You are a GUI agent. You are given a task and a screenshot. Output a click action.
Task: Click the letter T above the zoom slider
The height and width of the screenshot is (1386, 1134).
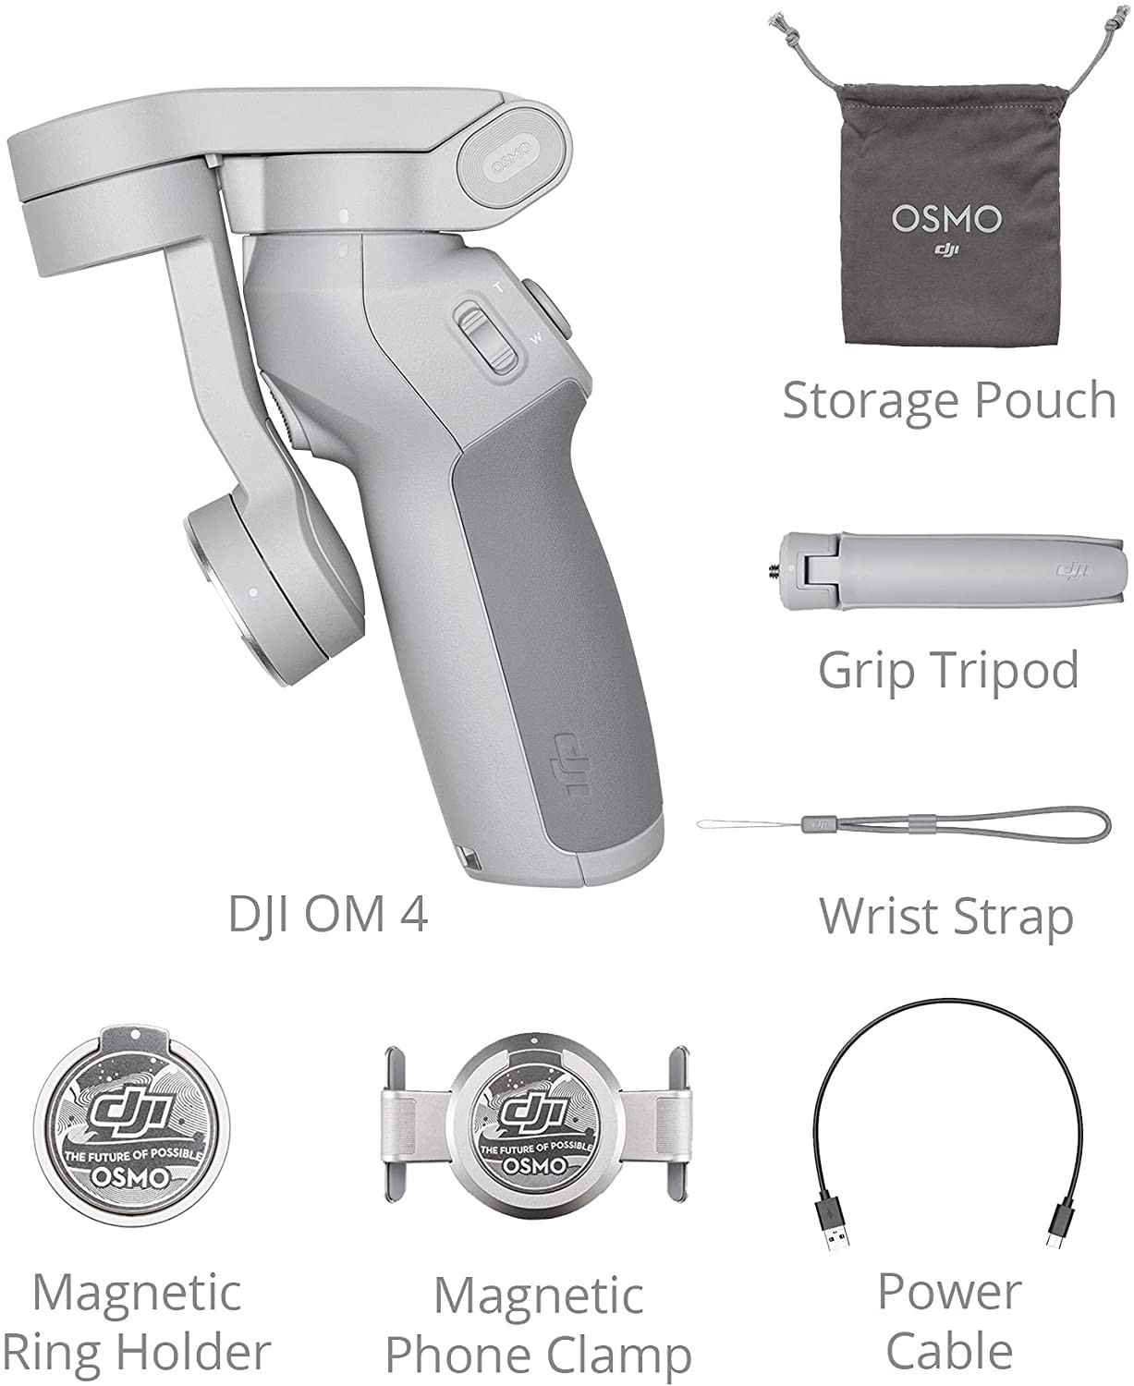click(x=497, y=287)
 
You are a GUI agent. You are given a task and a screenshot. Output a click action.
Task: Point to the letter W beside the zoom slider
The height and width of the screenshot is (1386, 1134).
click(x=536, y=339)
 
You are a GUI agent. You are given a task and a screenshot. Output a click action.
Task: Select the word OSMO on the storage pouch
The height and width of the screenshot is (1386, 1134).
click(x=946, y=219)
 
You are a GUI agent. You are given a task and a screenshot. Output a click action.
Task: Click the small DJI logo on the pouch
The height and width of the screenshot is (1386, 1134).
click(x=946, y=249)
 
